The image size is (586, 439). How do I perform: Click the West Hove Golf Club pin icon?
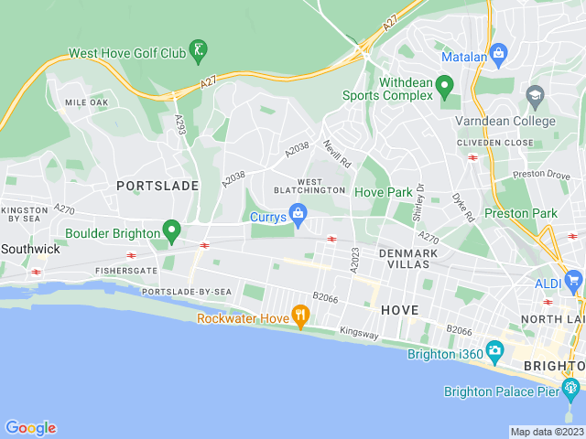(199, 48)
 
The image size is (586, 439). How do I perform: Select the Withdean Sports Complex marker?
(445, 89)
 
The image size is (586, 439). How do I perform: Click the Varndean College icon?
(535, 94)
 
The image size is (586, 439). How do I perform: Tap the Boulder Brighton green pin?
(170, 230)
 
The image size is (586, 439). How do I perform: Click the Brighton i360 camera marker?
(495, 350)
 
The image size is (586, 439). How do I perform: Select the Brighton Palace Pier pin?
(572, 388)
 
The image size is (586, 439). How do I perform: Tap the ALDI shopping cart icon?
(574, 280)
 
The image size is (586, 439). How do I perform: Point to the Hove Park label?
(383, 193)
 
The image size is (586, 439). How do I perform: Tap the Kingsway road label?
(358, 334)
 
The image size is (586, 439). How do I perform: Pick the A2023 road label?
(354, 259)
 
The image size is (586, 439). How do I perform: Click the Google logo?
(30, 428)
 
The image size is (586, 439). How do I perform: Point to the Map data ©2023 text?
(547, 432)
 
